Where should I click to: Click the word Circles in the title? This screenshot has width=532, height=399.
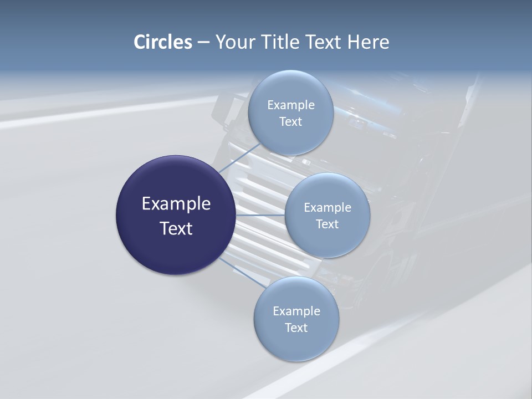162,42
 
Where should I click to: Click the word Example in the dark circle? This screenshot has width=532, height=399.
176,204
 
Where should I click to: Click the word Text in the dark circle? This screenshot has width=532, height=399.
176,228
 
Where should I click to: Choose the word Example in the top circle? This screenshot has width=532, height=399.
290,105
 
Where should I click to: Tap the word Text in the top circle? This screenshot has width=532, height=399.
290,122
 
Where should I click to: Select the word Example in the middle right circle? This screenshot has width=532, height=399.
327,208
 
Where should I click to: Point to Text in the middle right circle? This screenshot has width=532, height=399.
327,224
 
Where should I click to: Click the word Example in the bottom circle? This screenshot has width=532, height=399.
296,311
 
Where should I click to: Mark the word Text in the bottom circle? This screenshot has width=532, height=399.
296,328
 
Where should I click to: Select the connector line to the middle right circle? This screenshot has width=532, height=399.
260,215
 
